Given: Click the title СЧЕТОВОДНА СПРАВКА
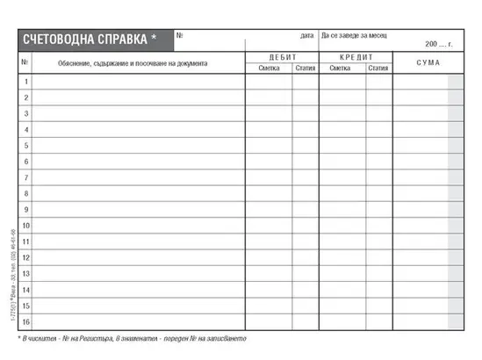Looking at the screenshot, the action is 84,40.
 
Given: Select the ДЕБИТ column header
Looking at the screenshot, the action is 282,56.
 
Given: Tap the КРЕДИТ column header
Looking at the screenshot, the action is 355,56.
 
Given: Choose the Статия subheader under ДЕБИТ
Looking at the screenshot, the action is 306,68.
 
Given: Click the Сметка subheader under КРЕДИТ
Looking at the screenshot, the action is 340,68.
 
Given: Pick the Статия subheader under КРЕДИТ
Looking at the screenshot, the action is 378,68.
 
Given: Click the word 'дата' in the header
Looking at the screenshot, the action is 306,36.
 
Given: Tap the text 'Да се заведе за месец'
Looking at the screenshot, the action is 354,36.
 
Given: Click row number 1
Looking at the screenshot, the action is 26,82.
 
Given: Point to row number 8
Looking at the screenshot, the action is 26,194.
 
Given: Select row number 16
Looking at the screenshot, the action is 26,322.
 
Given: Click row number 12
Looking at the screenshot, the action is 26,258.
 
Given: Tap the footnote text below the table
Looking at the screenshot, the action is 132,338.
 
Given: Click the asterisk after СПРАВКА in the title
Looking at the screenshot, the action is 154,39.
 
